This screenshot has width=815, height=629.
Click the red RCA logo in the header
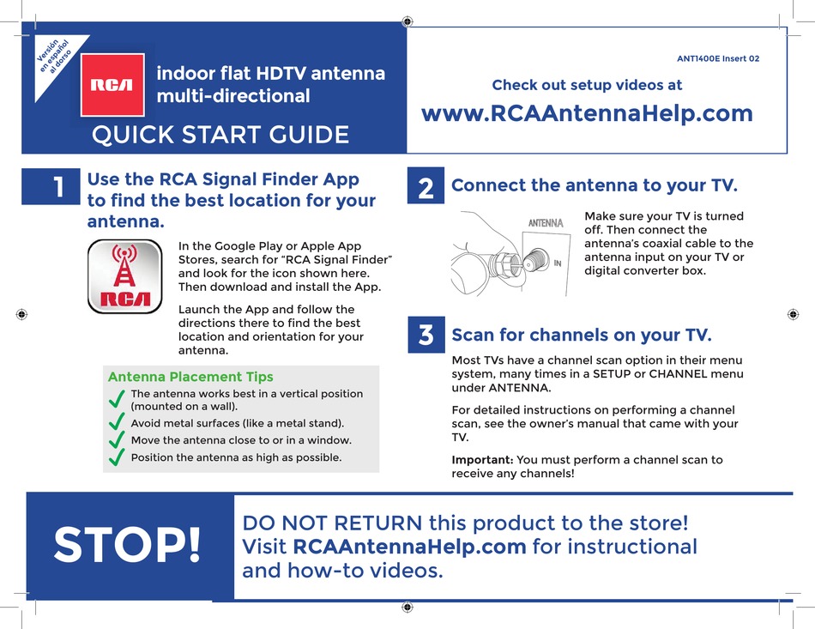click(112, 85)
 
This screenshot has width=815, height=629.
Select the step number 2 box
click(426, 185)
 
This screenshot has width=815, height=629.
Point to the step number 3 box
click(426, 335)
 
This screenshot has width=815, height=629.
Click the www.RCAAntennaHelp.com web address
click(588, 113)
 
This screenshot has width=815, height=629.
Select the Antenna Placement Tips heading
click(190, 377)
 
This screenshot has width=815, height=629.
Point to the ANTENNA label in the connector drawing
click(545, 223)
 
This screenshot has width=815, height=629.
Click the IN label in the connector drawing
click(557, 263)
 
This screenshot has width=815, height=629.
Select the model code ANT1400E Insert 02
click(718, 59)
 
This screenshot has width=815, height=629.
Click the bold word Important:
click(482, 460)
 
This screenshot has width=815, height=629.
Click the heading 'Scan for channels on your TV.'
click(582, 335)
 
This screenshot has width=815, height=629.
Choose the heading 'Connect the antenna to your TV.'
click(594, 185)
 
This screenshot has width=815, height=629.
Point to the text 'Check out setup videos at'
click(587, 85)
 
